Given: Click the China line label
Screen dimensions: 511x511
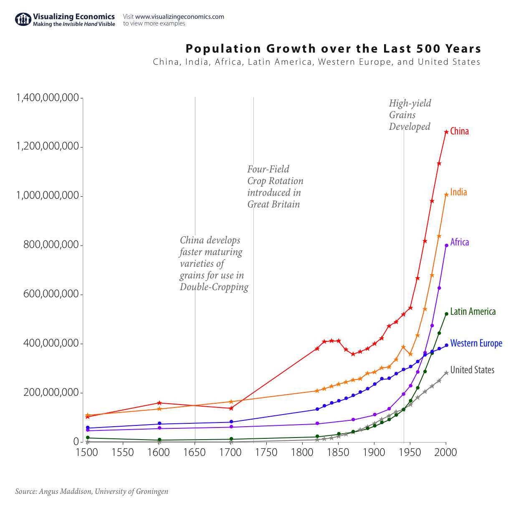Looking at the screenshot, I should [x=459, y=132].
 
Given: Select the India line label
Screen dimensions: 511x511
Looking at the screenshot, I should [x=458, y=192].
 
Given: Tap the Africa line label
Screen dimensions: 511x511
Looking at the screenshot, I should [x=459, y=243].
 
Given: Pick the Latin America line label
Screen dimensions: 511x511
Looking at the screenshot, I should [x=473, y=312].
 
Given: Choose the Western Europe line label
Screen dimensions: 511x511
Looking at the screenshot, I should [x=476, y=344].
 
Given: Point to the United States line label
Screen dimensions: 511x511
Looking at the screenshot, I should [x=472, y=370].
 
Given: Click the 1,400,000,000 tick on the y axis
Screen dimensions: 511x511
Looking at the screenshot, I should [x=47, y=98].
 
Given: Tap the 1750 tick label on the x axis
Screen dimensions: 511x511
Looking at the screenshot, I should [x=266, y=453].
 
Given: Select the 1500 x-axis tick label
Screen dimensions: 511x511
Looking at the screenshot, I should [x=86, y=453].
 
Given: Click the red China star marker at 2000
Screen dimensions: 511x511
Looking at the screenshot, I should [x=446, y=132].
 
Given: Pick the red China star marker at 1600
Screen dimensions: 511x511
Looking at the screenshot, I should [x=159, y=403].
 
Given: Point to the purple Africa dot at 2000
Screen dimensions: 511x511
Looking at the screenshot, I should [x=446, y=245].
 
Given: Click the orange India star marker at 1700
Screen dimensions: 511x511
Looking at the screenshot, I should [x=231, y=402].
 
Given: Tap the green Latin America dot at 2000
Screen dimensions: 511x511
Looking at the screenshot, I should [x=446, y=314].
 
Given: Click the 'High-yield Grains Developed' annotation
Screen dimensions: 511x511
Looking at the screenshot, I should [x=410, y=115].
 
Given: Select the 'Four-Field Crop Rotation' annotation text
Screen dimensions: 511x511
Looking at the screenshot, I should [x=275, y=187].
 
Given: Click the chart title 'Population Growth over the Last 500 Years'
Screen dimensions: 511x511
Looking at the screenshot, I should [x=333, y=49].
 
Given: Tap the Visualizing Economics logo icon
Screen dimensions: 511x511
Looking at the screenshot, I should [x=23, y=19].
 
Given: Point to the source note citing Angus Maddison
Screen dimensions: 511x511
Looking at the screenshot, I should [x=92, y=491].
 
